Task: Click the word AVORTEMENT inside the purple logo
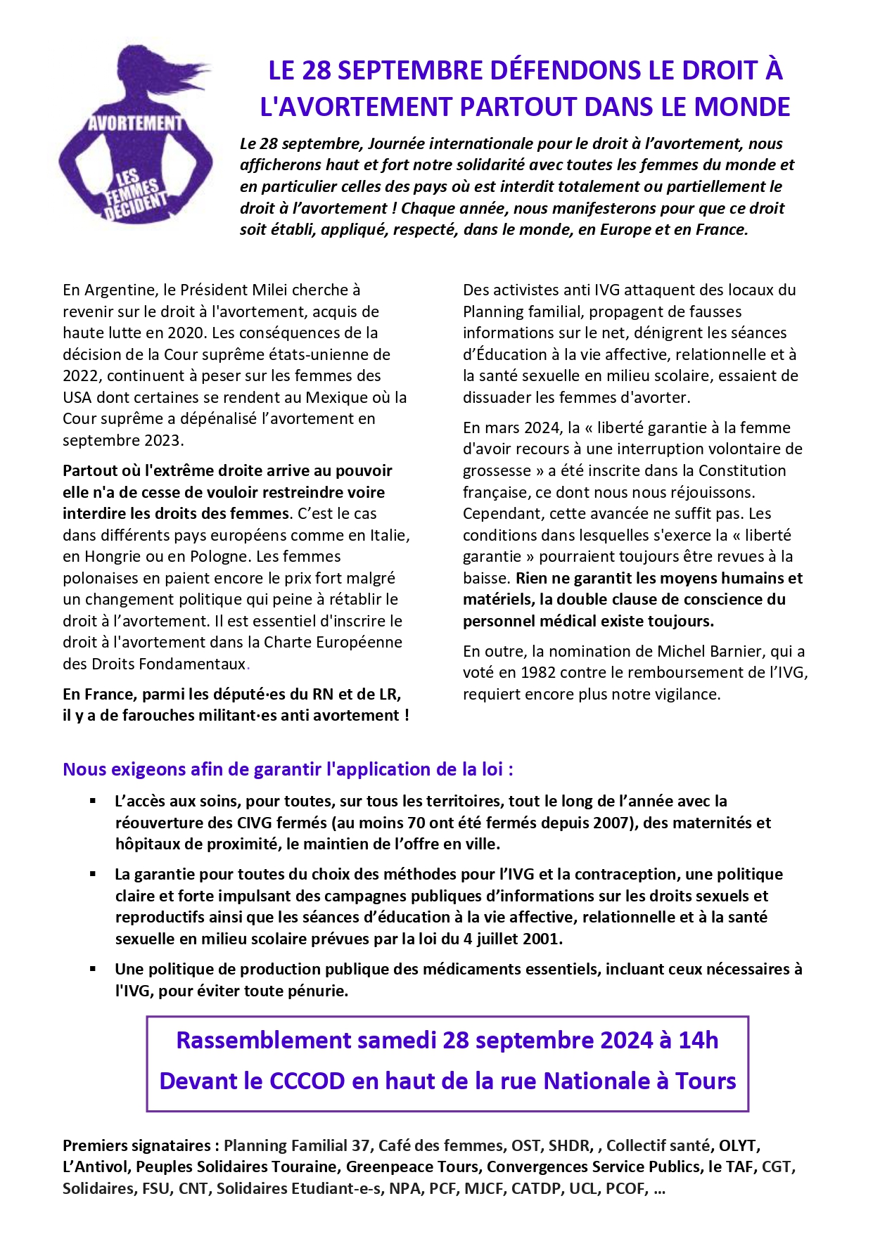pos(135,124)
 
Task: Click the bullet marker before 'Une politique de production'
pos(93,969)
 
